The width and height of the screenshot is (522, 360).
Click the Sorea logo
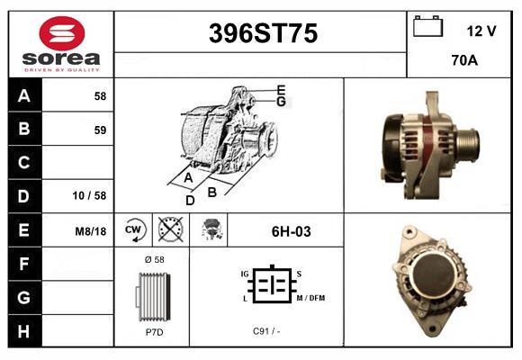61,44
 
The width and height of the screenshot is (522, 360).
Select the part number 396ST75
263,34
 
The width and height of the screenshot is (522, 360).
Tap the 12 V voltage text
481,31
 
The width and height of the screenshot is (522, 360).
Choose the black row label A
24,96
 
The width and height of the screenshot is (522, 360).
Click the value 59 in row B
99,130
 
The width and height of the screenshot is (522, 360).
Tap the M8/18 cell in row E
91,231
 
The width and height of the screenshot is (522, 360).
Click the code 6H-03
291,231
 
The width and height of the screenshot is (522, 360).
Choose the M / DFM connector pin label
310,298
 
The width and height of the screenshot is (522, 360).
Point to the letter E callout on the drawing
281,90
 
